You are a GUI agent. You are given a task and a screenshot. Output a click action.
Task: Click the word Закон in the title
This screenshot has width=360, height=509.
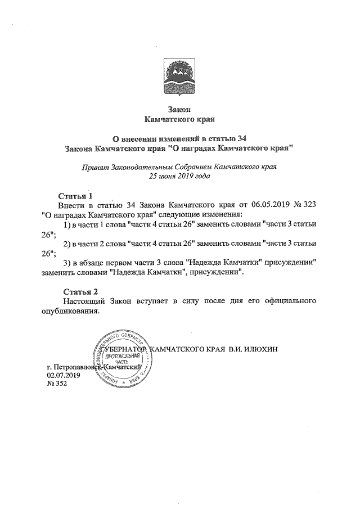pyautogui.click(x=179, y=109)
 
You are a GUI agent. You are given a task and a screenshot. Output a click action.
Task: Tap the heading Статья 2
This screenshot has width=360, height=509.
pyautogui.click(x=80, y=291)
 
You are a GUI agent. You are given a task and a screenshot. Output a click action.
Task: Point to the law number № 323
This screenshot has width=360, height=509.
pyautogui.click(x=304, y=205)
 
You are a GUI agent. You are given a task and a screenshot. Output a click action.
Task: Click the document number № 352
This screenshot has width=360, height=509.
pyautogui.click(x=57, y=384)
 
